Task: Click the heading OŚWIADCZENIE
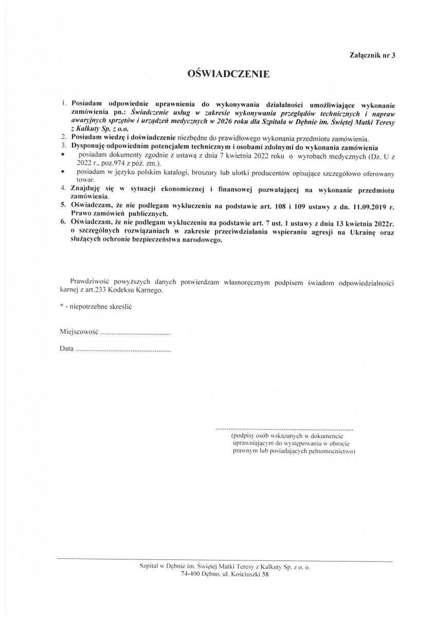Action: point(229,75)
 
